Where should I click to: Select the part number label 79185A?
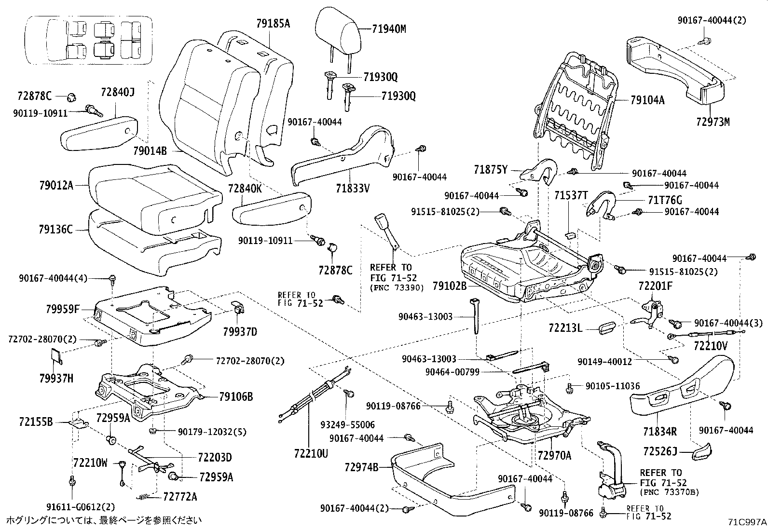click(x=273, y=23)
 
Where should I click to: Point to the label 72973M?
click(x=713, y=122)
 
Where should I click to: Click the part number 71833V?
click(x=353, y=188)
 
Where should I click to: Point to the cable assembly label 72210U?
click(x=310, y=453)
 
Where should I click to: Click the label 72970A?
click(x=554, y=455)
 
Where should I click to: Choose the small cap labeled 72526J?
click(x=702, y=451)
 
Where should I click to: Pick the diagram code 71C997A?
click(x=747, y=522)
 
